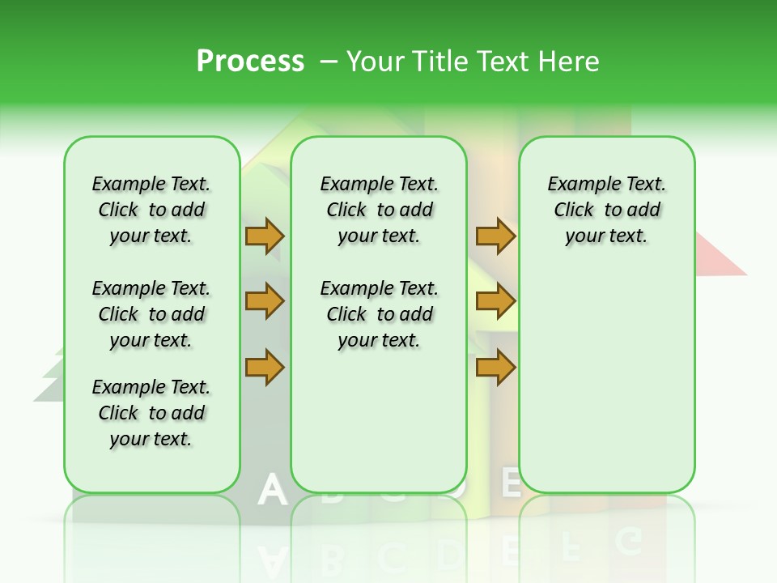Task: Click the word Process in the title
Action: click(x=250, y=61)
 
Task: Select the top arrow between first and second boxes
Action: click(x=265, y=236)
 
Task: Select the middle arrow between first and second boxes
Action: click(x=265, y=302)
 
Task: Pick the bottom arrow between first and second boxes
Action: click(x=265, y=368)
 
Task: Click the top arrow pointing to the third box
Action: click(x=495, y=236)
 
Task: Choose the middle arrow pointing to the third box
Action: click(x=495, y=302)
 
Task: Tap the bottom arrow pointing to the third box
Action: click(x=495, y=368)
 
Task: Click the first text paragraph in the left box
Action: click(x=151, y=210)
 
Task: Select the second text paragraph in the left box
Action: click(x=151, y=314)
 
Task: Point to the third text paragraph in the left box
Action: click(x=151, y=413)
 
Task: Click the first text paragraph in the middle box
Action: click(x=380, y=210)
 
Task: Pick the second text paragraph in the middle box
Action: click(x=380, y=314)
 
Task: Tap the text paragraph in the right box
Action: click(x=607, y=210)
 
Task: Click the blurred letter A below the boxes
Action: click(x=273, y=491)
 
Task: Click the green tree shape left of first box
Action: click(x=50, y=377)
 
